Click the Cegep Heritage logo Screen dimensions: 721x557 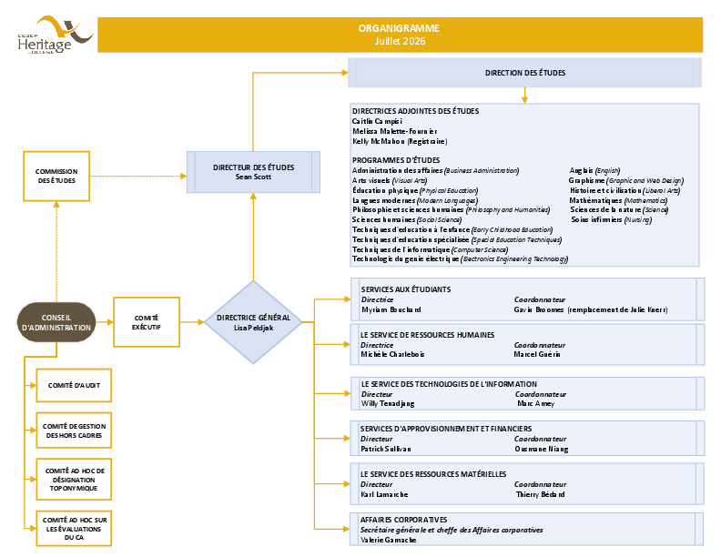point(56,35)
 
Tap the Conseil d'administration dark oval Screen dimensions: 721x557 point(56,322)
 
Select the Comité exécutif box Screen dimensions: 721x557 point(147,322)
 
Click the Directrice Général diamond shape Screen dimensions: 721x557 point(253,322)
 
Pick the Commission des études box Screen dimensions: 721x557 point(56,176)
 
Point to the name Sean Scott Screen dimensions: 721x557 point(253,177)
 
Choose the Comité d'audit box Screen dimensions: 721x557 point(74,385)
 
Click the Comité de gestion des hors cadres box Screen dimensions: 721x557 point(74,430)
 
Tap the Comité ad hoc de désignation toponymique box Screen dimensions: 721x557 point(74,480)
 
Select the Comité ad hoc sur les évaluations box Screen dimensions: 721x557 point(74,529)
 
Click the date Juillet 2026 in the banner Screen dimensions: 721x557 point(400,41)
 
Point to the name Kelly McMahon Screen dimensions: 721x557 point(379,141)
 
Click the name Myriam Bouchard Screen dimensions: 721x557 point(391,309)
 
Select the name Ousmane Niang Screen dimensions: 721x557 point(542,449)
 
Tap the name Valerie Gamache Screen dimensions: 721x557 point(388,540)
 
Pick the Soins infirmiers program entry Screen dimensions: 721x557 point(611,219)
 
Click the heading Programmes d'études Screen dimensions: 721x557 point(396,160)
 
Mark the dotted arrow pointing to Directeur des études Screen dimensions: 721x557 point(138,176)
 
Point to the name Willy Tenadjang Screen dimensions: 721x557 point(388,403)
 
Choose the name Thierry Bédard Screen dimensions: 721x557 point(540,494)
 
